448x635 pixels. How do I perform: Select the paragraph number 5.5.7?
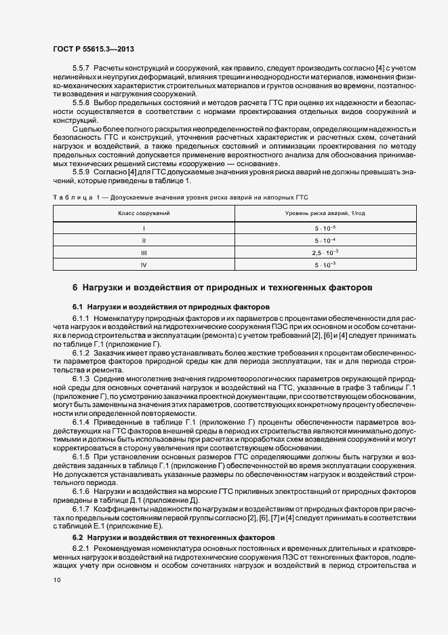pyautogui.click(x=82, y=69)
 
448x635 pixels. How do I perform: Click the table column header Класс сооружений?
pyautogui.click(x=144, y=213)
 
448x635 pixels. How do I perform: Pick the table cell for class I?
pyautogui.click(x=144, y=228)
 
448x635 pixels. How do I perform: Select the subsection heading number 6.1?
pyautogui.click(x=77, y=307)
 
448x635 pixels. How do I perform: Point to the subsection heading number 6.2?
pyautogui.click(x=77, y=537)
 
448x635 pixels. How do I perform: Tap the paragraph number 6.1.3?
pyautogui.click(x=81, y=379)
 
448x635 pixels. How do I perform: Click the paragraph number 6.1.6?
pyautogui.click(x=81, y=490)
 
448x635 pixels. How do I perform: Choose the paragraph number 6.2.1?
pyautogui.click(x=81, y=548)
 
